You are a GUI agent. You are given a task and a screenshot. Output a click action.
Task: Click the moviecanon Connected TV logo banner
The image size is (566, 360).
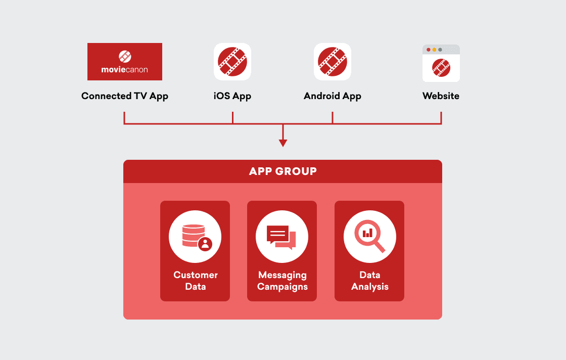(125, 62)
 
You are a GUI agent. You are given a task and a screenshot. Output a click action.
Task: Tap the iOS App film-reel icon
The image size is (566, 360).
(232, 62)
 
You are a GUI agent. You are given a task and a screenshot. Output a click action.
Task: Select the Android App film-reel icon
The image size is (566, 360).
(333, 62)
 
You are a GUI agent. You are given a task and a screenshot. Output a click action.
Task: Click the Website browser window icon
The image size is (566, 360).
(441, 63)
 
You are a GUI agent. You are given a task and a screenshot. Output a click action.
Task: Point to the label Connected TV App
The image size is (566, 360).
(125, 96)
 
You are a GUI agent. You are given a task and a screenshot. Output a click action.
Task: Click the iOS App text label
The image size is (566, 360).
(232, 96)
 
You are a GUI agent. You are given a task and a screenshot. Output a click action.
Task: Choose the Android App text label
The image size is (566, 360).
(333, 96)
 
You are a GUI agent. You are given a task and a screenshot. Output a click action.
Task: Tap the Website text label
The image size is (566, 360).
(441, 96)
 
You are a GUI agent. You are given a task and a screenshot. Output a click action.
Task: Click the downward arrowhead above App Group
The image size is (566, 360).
(283, 143)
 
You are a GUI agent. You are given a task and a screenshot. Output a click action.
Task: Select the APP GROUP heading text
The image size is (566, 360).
(283, 171)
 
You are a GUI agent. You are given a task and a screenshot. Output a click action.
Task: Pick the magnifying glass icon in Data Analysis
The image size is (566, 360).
(367, 235)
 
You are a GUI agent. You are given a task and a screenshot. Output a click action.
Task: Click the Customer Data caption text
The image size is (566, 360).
(196, 281)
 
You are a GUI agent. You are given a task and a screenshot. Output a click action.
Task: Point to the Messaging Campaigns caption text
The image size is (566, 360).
(282, 281)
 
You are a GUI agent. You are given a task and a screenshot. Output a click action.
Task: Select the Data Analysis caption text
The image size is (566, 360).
(370, 281)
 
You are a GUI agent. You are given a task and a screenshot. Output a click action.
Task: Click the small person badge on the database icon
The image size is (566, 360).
(205, 244)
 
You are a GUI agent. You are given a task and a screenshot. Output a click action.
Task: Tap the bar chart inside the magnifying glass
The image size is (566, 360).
(367, 233)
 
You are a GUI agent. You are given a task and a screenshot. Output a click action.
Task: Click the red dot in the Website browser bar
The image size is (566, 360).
(429, 50)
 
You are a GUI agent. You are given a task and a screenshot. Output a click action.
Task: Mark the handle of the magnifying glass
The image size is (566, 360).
(380, 246)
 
